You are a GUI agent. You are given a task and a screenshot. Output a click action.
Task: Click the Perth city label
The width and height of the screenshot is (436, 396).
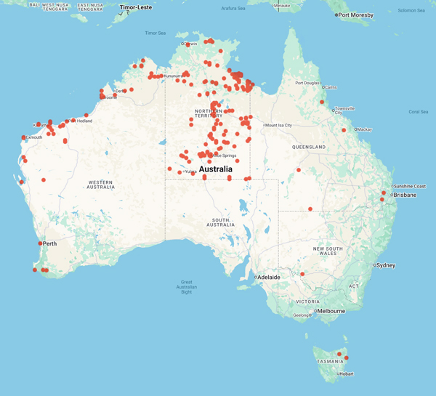click(50, 243)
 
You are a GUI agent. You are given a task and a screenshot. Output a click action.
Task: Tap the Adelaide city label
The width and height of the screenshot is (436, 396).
click(269, 278)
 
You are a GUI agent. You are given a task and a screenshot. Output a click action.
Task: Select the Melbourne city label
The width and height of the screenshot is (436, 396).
click(331, 311)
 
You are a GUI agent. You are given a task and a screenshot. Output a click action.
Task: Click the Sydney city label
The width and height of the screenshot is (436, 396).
click(386, 265)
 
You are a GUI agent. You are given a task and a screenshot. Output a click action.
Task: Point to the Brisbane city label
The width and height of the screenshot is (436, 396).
click(405, 195)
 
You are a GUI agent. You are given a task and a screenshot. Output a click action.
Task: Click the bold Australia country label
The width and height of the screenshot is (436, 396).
click(215, 169)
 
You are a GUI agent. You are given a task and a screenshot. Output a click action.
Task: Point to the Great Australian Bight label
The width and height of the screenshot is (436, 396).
click(186, 287)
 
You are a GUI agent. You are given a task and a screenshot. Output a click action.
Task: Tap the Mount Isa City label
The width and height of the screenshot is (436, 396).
click(278, 125)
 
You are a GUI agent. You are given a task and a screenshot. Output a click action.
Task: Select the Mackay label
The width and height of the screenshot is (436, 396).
click(366, 129)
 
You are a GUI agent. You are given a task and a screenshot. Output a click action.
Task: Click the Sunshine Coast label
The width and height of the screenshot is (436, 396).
click(409, 186)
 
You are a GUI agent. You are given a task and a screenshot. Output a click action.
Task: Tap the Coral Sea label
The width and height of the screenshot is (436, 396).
click(419, 112)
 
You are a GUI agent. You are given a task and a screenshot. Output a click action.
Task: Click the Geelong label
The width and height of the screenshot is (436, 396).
click(301, 315)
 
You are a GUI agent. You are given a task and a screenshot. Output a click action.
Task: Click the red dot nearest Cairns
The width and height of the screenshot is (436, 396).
click(322, 102)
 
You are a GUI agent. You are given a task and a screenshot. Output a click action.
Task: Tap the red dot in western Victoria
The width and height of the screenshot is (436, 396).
click(302, 274)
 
